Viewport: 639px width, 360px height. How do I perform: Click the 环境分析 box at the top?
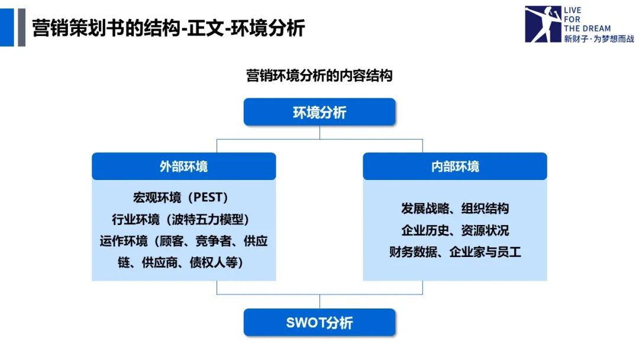tap(319, 112)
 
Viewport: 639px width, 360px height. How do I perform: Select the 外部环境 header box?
tap(183, 166)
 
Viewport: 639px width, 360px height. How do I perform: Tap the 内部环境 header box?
tap(454, 166)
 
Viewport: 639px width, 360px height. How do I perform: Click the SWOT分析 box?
tap(319, 323)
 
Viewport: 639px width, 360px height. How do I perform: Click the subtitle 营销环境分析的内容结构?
tap(319, 76)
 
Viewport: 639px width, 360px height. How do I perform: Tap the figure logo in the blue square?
tap(543, 24)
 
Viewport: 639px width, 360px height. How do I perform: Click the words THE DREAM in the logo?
tap(587, 28)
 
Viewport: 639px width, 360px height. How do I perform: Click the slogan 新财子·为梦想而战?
tap(599, 38)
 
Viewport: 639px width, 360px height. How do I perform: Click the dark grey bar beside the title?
tap(21, 27)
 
